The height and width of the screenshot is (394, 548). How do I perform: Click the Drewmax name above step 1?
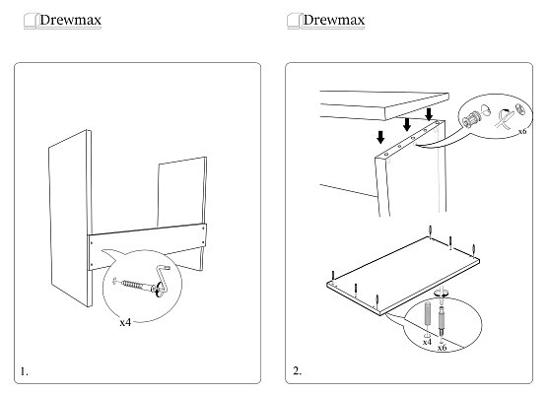70,20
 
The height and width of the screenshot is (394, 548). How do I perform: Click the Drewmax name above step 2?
334,20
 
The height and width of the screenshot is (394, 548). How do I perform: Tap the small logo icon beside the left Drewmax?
31,21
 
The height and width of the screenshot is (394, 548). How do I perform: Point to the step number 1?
24,371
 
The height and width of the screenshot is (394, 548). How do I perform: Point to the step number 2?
297,370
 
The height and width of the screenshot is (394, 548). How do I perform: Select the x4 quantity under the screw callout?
125,322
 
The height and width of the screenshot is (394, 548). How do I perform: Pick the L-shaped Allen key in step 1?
163,280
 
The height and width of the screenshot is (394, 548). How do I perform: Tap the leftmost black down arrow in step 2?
380,137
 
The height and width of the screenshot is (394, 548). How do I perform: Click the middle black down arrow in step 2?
406,124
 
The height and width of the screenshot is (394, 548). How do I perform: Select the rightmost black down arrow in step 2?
429,114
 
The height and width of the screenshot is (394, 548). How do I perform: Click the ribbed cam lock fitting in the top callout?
471,119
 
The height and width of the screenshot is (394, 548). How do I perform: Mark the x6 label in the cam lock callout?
522,131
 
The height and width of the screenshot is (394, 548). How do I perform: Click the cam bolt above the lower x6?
443,319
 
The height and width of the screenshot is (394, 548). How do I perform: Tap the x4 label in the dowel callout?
427,342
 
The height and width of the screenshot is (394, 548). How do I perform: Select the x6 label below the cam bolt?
442,348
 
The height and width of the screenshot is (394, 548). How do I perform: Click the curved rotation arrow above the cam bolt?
441,294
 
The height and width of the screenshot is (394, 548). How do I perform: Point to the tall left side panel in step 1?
70,219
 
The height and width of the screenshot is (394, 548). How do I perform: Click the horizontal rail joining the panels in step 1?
147,246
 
